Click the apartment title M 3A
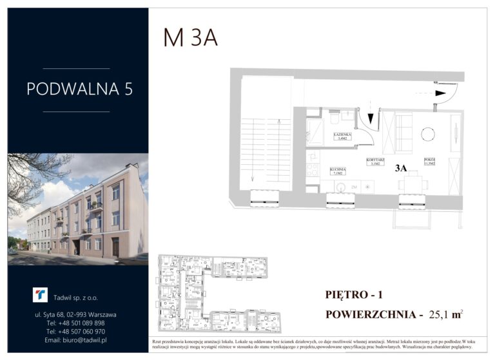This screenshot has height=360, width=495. click(190, 38)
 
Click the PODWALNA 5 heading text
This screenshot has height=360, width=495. click(80, 89)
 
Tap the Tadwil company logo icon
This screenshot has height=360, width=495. click(40, 295)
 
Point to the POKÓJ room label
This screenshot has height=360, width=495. click(429, 161)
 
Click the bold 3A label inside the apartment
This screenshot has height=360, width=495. click(401, 169)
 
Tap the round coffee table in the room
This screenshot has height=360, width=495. click(427, 134)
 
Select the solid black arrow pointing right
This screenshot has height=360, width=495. click(441, 93)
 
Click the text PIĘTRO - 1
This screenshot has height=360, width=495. click(354, 295)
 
